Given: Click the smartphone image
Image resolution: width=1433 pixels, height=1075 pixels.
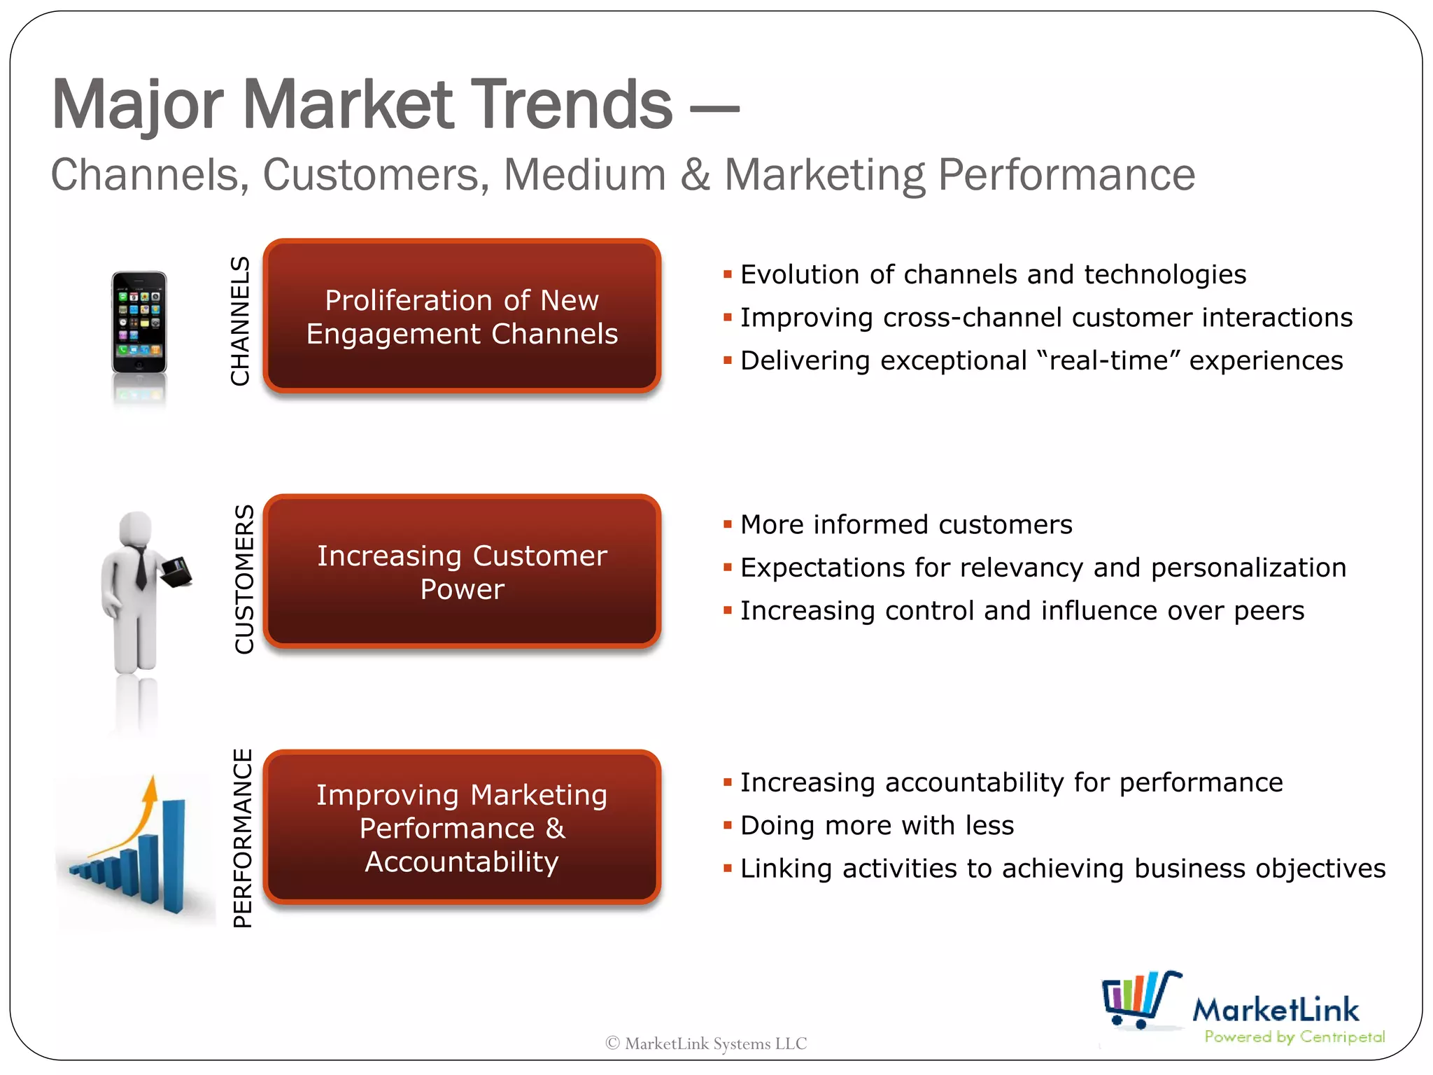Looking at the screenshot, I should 139,323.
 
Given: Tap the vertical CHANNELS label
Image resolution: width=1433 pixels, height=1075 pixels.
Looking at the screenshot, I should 241,321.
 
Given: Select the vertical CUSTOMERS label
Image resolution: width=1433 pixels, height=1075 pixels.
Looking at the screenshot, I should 244,579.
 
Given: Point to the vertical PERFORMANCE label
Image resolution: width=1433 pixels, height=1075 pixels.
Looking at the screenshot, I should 243,838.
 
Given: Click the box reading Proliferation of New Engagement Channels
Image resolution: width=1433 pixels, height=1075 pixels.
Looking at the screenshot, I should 462,316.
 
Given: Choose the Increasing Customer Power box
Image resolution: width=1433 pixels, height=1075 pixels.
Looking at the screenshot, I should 462,572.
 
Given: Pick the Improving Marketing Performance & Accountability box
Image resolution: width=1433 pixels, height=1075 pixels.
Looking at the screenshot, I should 462,828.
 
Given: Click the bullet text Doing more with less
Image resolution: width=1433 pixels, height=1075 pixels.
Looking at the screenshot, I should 877,826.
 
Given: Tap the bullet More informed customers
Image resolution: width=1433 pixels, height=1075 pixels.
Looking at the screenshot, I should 906,525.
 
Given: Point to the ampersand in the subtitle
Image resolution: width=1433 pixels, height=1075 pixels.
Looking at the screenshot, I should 695,175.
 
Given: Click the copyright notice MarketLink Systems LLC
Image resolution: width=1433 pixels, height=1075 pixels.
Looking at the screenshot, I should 707,1044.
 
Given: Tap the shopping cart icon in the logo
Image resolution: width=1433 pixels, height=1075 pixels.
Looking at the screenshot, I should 1139,999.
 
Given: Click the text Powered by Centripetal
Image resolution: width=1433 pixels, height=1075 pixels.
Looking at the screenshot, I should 1294,1037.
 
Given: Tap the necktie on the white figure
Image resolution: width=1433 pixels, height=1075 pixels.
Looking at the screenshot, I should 141,567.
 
